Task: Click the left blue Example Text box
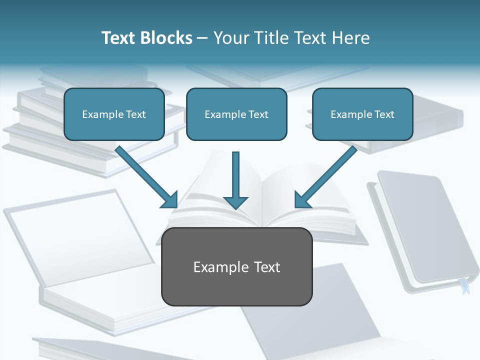pos(114,114)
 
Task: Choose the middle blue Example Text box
pos(236,114)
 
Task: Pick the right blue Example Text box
pos(362,114)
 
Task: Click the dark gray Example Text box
pos(236,266)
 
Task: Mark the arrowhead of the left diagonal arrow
pos(170,199)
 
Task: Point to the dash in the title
pos(202,38)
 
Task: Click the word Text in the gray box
pos(266,267)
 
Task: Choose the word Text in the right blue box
pos(383,114)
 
